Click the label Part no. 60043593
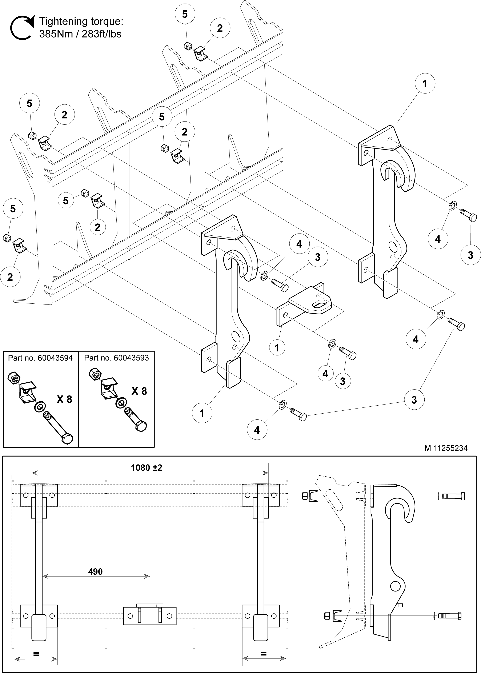[x=116, y=358]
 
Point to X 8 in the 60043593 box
[x=139, y=391]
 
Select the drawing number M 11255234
[x=446, y=448]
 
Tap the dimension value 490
[x=95, y=572]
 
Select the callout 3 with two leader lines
[x=414, y=400]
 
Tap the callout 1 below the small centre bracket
[x=277, y=347]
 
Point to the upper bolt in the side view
[x=453, y=496]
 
